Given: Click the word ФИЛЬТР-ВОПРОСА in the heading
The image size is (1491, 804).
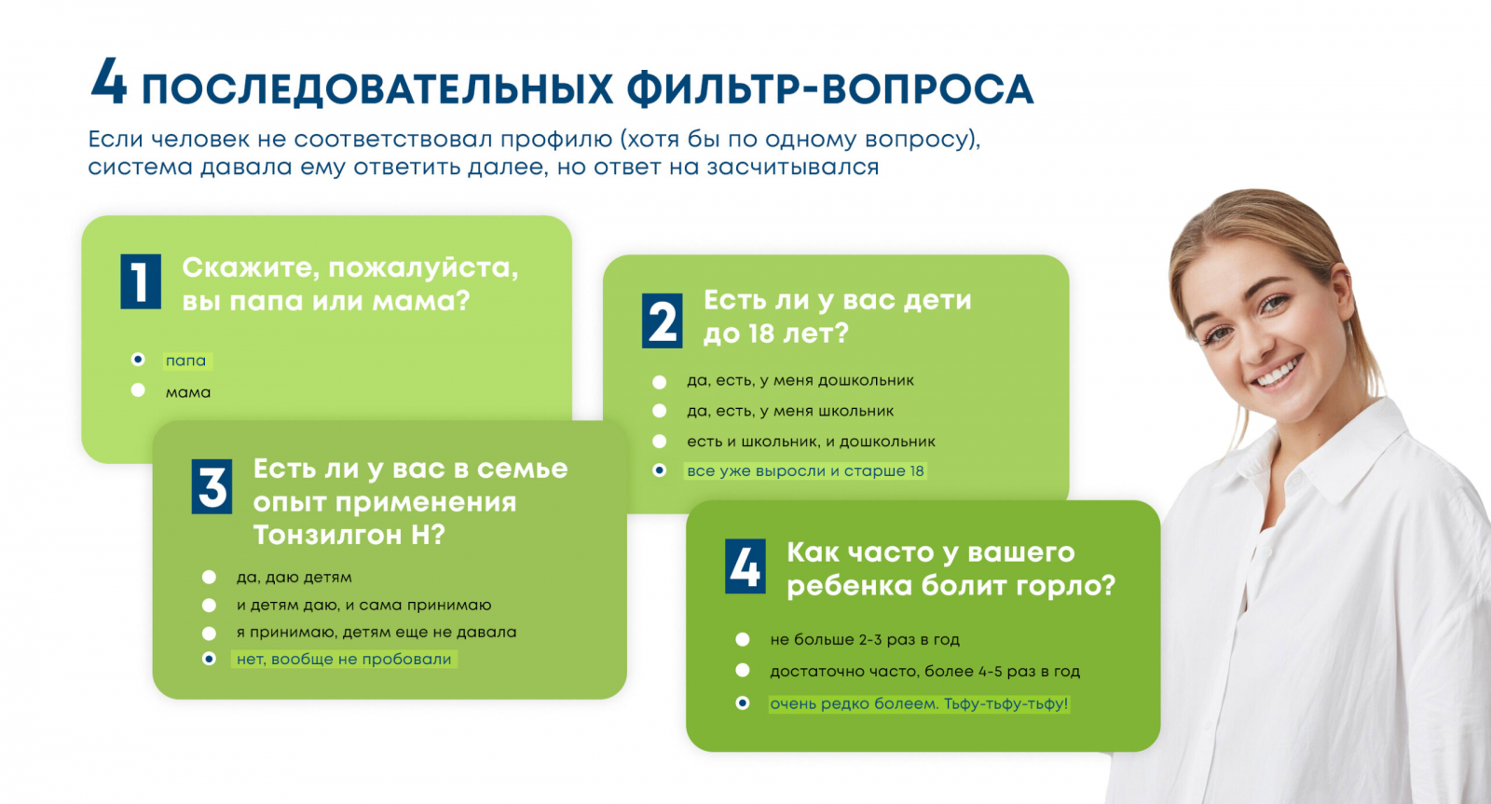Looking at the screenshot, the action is (x=830, y=89).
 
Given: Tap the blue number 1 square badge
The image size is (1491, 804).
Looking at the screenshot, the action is (x=141, y=281).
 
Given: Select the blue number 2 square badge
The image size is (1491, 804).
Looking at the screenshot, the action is (x=663, y=320).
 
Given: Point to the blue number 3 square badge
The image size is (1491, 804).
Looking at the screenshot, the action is (x=212, y=486).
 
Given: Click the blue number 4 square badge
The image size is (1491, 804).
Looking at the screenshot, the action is (x=745, y=566).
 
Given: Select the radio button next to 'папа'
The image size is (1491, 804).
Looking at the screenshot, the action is (x=138, y=360).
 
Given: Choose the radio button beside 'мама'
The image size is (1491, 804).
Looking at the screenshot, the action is (x=138, y=390).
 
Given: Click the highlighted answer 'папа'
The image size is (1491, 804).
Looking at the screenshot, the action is (x=185, y=361).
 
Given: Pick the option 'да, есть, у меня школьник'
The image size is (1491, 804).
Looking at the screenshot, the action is (x=790, y=412).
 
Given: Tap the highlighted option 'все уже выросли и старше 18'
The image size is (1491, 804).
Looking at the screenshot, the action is (x=805, y=471).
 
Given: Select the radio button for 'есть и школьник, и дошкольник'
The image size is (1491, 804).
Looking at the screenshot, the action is (x=659, y=441).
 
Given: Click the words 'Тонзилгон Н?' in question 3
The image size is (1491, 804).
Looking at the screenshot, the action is (x=349, y=535).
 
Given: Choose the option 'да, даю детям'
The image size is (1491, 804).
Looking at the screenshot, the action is (x=294, y=577).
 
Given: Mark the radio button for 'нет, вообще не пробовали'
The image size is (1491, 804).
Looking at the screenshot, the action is (x=209, y=659).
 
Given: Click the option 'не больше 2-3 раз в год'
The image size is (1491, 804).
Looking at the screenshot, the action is (x=865, y=640).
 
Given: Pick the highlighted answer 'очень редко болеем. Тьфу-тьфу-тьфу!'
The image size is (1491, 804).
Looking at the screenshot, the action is (x=919, y=703).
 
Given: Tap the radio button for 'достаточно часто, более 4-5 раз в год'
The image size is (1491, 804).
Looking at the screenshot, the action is (x=743, y=670).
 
